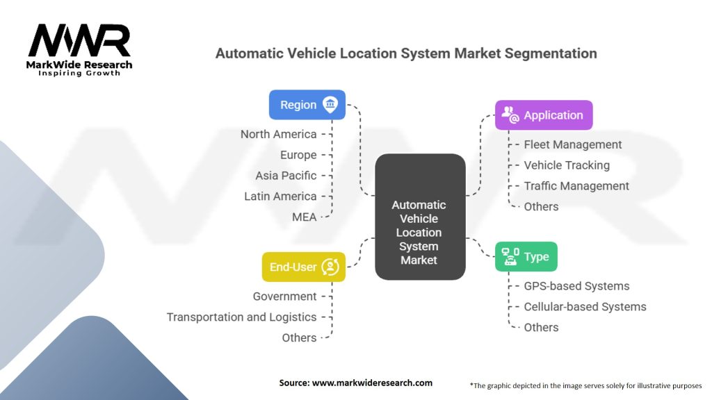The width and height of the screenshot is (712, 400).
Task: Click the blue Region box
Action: pyautogui.click(x=307, y=105)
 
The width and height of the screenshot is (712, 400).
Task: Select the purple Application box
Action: pyautogui.click(x=544, y=115)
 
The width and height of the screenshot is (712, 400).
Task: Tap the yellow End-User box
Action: pyautogui.click(x=303, y=267)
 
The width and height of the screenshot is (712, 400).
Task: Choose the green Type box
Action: pyautogui.click(x=526, y=257)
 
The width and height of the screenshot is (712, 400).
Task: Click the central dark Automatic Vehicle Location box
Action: pyautogui.click(x=420, y=217)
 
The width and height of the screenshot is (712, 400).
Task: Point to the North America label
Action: pyautogui.click(x=278, y=134)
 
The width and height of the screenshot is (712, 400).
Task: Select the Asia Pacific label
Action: pyautogui.click(x=285, y=176)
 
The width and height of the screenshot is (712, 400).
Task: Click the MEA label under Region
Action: pyautogui.click(x=304, y=217)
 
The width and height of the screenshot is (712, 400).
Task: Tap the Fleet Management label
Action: pyautogui.click(x=572, y=144)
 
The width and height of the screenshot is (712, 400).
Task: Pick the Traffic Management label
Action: pyautogui.click(x=576, y=186)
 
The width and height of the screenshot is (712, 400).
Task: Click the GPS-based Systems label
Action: pyautogui.click(x=576, y=286)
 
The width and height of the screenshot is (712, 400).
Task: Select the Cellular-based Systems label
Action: pyautogui.click(x=585, y=307)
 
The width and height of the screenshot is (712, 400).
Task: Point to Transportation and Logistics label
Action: pyautogui.click(x=241, y=317)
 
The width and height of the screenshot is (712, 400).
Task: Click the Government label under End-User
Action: pyautogui.click(x=284, y=297)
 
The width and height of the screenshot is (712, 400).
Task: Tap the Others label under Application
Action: pyautogui.click(x=541, y=207)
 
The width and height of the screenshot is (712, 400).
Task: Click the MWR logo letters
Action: pyautogui.click(x=79, y=41)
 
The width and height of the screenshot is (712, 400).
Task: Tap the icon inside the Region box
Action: pyautogui.click(x=330, y=105)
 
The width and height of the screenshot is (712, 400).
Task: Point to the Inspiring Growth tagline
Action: pyautogui.click(x=79, y=73)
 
